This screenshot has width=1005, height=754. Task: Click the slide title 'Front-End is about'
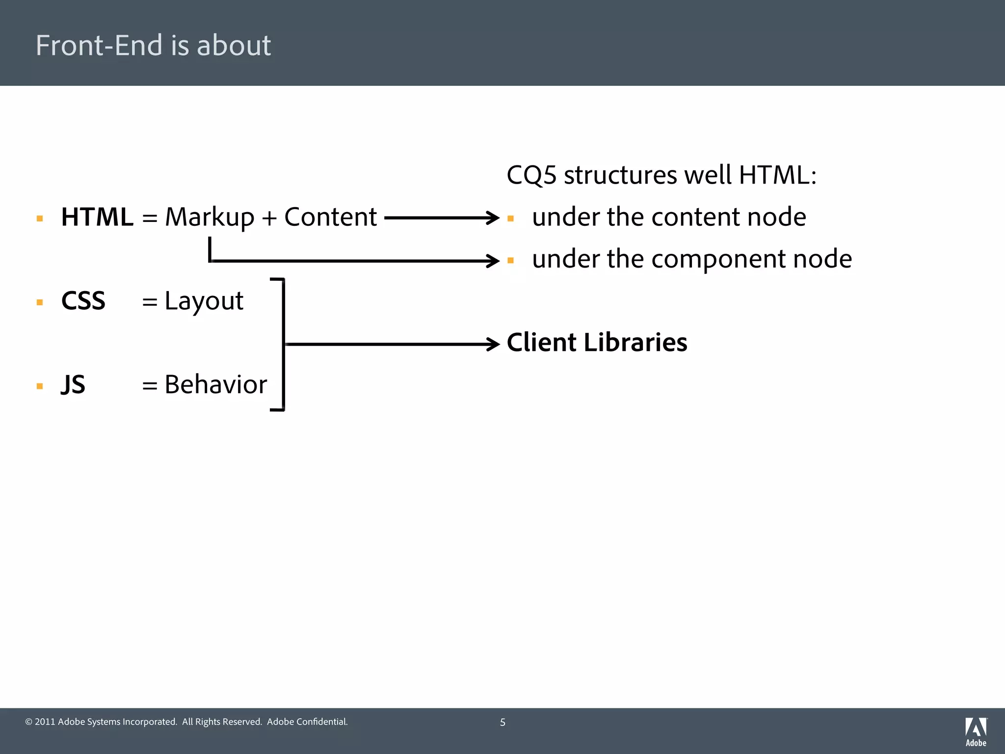point(153,45)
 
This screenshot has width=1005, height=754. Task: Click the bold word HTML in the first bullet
point(97,217)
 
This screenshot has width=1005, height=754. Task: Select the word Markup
point(210,217)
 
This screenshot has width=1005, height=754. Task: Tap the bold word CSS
point(83,300)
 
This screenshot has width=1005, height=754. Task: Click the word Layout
point(204,300)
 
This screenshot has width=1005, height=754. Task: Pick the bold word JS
point(73,384)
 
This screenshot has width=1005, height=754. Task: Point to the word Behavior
point(216,384)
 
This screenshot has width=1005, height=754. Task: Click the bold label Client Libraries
point(597,342)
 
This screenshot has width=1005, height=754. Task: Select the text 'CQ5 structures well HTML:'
point(661,175)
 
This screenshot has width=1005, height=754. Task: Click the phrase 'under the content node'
point(669,217)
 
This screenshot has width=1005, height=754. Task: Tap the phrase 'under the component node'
point(692,259)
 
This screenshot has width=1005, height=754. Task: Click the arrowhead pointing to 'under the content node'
point(493,217)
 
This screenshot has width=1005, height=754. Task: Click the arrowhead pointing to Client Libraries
point(493,344)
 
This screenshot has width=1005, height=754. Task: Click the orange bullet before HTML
point(40,218)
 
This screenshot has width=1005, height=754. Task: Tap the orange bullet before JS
point(40,386)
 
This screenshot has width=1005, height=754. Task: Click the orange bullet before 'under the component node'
point(510,260)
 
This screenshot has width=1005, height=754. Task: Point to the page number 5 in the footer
point(502,722)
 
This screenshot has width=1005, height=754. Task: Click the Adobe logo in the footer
point(976,731)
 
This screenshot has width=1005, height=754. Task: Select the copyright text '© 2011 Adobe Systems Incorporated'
point(101,722)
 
